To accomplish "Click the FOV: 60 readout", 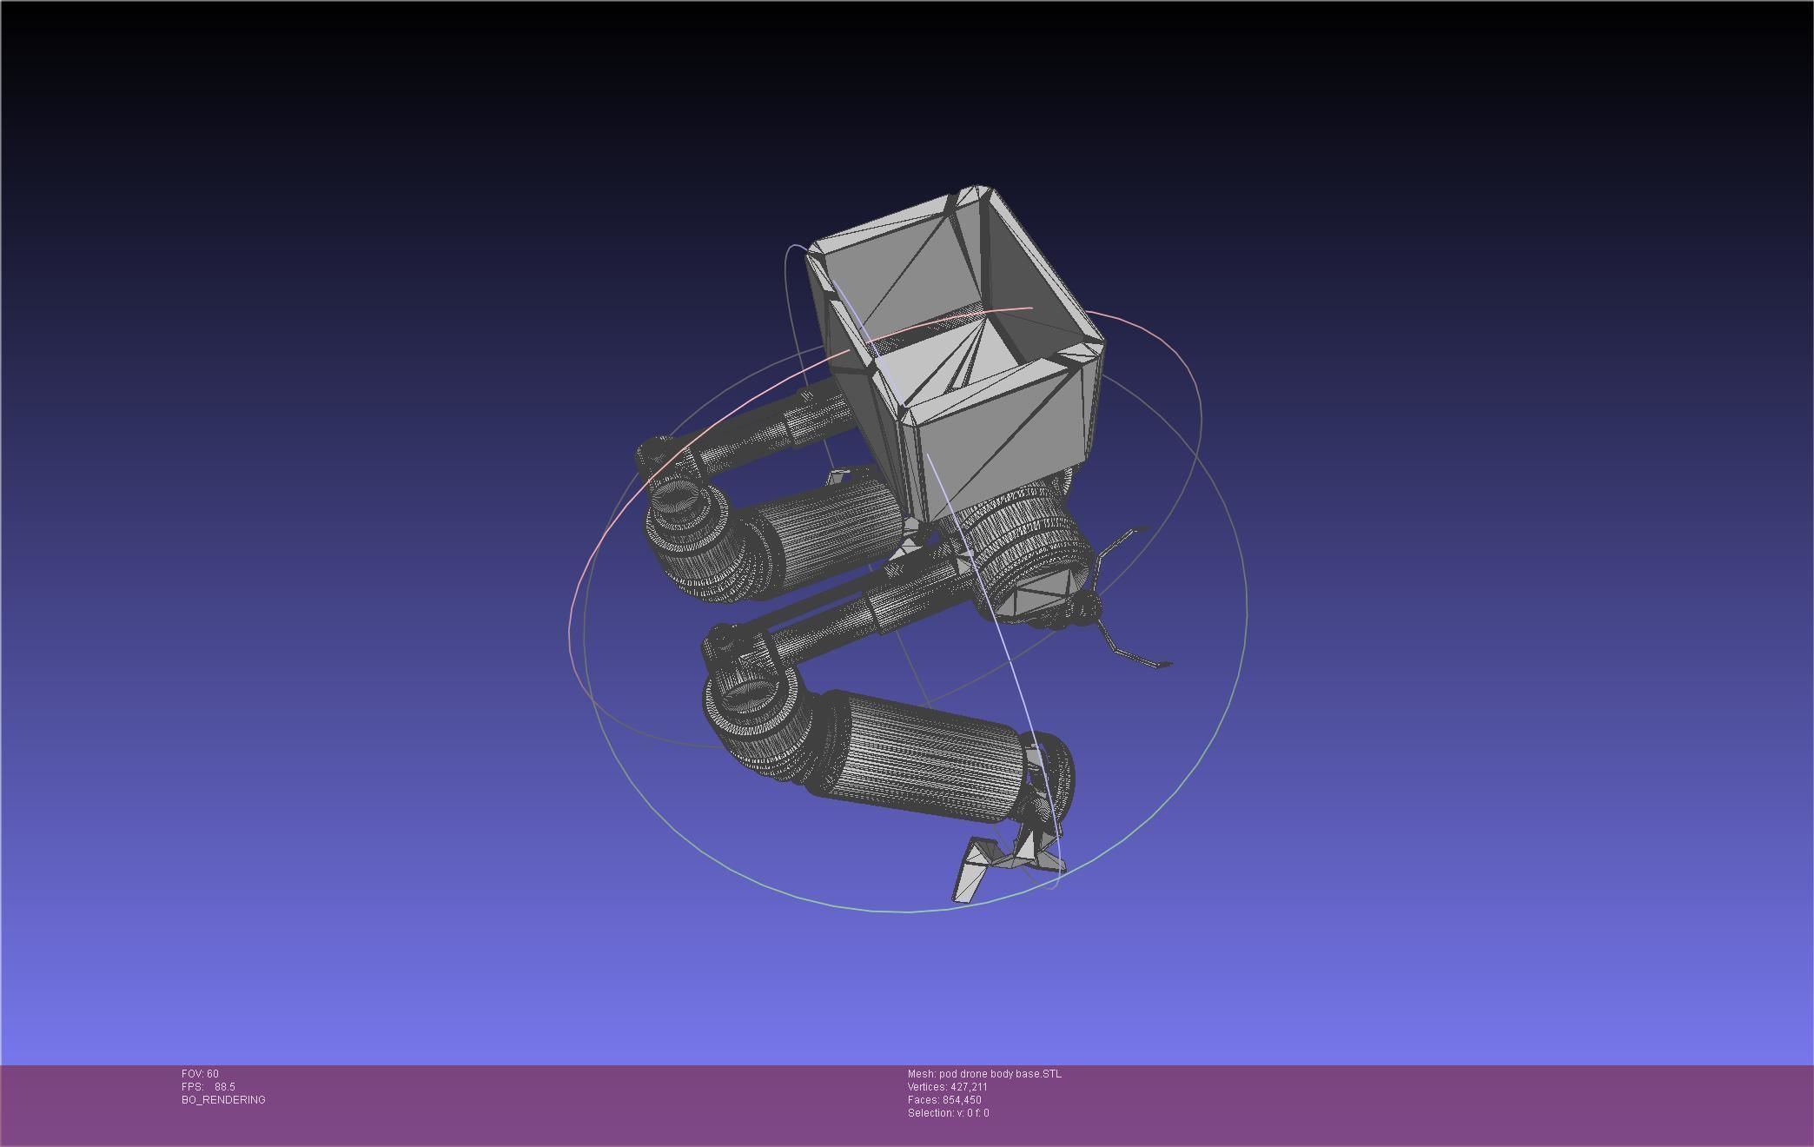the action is (x=200, y=1074).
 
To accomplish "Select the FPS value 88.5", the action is (x=225, y=1087).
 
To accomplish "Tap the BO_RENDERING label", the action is (x=223, y=1100).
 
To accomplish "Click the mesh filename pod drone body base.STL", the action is (x=1000, y=1074).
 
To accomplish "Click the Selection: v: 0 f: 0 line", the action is (x=948, y=1113).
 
